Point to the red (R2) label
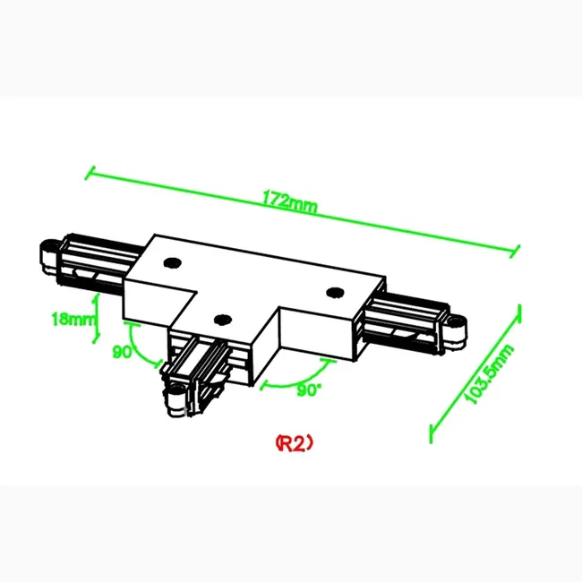[294, 441]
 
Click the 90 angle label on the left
[122, 352]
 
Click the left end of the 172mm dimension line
[88, 172]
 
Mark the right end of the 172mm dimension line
[518, 252]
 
